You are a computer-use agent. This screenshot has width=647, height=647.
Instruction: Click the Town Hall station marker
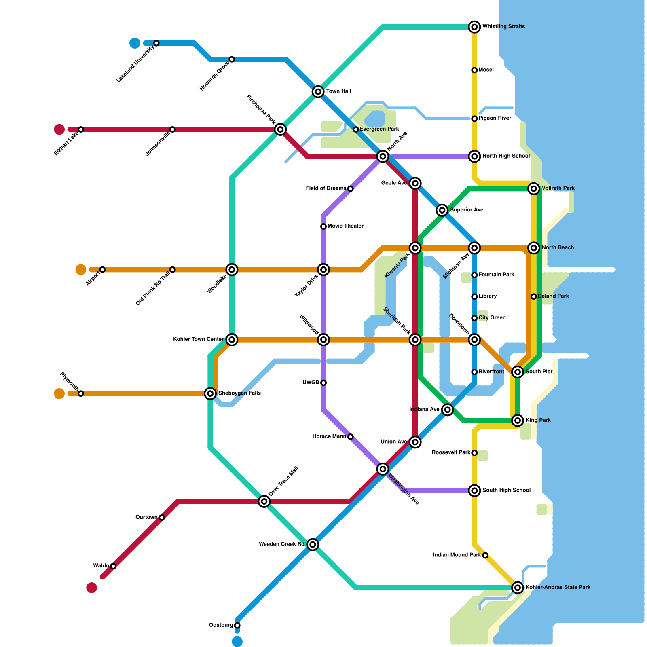pos(318,92)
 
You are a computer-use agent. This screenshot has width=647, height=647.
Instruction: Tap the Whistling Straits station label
pos(503,27)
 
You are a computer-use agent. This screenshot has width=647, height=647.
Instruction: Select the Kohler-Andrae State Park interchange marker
pos(518,588)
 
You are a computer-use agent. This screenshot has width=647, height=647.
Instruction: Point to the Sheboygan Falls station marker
pos(210,393)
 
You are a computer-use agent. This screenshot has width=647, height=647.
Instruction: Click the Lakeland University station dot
pos(156,43)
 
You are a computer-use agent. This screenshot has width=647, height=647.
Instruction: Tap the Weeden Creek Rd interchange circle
pos(313,545)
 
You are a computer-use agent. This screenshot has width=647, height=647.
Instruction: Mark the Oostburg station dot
pos(237,626)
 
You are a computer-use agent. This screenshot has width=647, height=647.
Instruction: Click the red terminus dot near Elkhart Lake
pos(59,129)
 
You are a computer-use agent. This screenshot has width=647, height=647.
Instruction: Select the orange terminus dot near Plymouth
pos(59,393)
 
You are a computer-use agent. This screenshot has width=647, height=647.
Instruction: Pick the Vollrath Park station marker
pos(534,188)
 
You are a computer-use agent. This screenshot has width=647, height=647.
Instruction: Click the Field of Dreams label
pos(326,188)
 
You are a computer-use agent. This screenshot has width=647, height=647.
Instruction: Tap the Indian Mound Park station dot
pos(485,555)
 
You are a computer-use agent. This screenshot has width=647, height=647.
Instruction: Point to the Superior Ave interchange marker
pos(442,210)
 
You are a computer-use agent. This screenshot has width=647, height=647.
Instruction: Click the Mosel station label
pos(486,70)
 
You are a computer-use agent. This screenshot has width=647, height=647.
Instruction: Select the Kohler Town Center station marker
pos(232,340)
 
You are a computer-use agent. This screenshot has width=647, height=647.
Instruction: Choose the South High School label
pos(506,491)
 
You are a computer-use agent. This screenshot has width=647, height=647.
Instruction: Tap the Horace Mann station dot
pos(351,437)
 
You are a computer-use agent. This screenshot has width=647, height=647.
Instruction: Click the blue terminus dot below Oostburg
pos(237,642)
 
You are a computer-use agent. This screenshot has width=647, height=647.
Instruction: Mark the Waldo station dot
pos(113,566)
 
